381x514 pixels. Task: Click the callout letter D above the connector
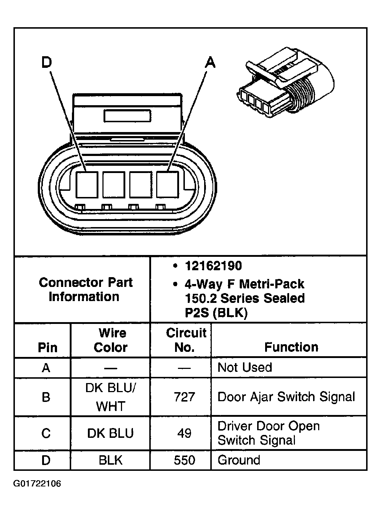point(46,63)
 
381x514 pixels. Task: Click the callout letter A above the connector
point(210,63)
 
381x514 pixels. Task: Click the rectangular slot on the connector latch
point(127,116)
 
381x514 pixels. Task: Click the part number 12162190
point(213,266)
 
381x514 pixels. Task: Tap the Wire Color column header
point(111,340)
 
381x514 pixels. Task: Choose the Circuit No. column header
point(185,340)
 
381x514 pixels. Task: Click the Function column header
point(291,347)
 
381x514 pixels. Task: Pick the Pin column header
point(47,348)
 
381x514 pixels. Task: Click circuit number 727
point(185,397)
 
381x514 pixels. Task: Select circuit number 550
point(185,460)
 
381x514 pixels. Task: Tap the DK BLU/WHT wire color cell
point(110,397)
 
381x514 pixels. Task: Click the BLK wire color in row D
point(110,460)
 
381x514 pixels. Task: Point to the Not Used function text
point(244,367)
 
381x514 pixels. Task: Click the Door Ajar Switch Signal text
point(286,396)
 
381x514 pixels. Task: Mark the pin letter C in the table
point(46,433)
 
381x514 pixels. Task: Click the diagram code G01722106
point(37,484)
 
